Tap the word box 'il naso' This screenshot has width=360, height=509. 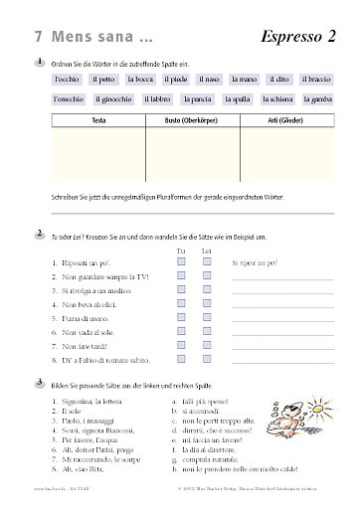click(x=209, y=78)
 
